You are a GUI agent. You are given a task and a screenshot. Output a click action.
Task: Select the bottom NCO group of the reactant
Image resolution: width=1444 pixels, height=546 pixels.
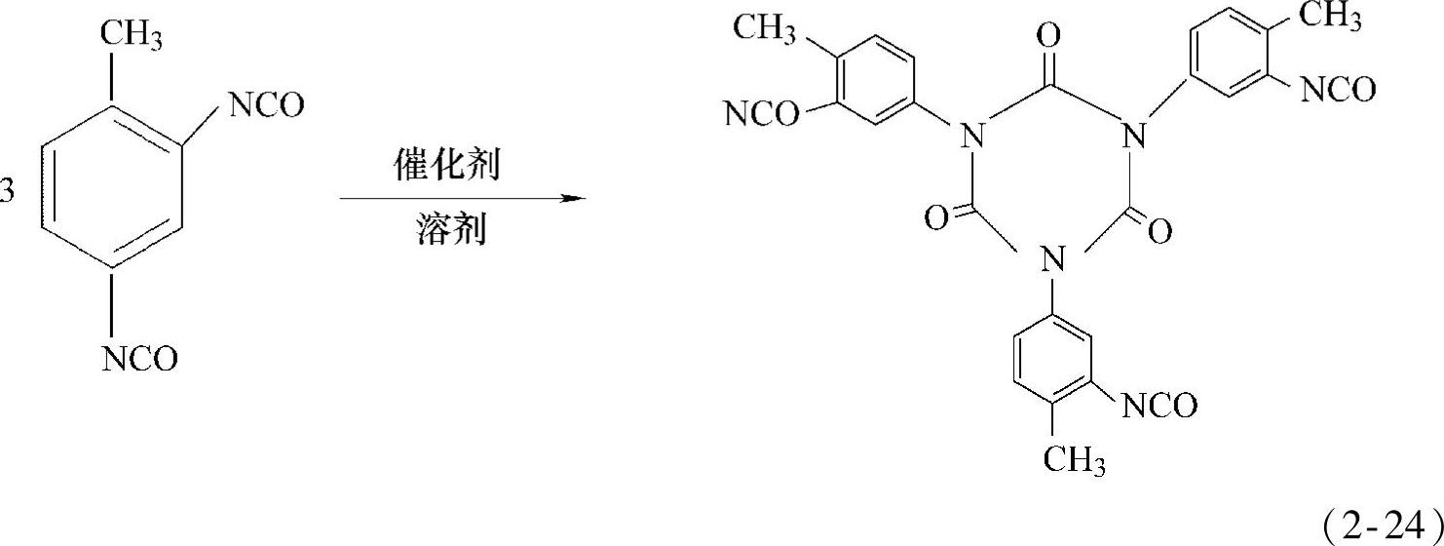pos(140,359)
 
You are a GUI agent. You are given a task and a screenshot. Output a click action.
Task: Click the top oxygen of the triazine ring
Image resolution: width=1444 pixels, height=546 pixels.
pos(1048,37)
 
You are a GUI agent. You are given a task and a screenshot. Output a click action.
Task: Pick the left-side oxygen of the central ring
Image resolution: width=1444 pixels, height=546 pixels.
pos(935,219)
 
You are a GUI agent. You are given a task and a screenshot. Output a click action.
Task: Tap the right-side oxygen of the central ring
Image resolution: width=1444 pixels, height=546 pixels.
pos(1159,231)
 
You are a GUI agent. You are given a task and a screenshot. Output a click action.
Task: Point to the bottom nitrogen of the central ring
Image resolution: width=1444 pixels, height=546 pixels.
pos(1048,259)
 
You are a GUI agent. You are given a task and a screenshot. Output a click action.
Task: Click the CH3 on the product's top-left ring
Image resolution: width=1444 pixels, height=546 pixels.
pos(766,26)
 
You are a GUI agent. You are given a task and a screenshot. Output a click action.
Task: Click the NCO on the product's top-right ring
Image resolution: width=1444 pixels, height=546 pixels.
pos(1338,91)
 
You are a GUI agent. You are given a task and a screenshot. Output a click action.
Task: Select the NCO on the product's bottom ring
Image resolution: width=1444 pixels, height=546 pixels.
pos(1159,406)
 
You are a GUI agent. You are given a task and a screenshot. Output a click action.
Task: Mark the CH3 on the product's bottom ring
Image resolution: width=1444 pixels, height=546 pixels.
pos(1074,459)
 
